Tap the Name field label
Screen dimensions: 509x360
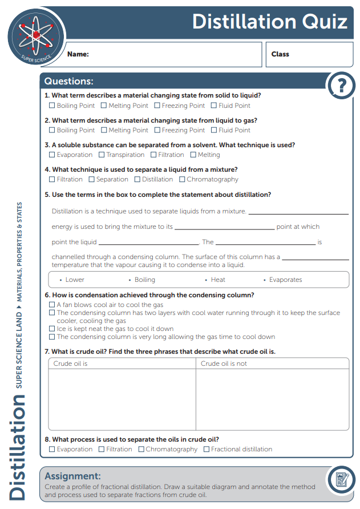pos(78,55)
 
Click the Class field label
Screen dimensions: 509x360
pos(280,54)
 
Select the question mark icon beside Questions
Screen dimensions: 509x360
pos(341,86)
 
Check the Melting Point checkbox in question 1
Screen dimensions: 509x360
pos(104,106)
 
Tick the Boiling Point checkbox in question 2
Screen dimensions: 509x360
pos(52,130)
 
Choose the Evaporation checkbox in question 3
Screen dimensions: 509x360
pos(52,155)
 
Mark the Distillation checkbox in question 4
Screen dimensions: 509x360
pos(137,179)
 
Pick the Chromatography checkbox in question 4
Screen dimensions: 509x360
pos(182,179)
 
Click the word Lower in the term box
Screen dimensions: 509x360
pos(75,280)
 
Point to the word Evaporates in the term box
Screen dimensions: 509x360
pos(285,280)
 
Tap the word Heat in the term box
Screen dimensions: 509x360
pos(218,280)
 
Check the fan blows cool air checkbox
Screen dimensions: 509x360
pos(52,305)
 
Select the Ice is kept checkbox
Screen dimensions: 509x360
pos(52,329)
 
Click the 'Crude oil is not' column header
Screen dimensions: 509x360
pos(224,363)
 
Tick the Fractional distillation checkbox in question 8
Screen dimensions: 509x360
pos(207,449)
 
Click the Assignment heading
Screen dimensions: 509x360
pos(72,476)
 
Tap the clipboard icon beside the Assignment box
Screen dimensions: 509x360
pos(342,480)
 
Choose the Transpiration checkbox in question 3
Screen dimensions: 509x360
pos(102,155)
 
